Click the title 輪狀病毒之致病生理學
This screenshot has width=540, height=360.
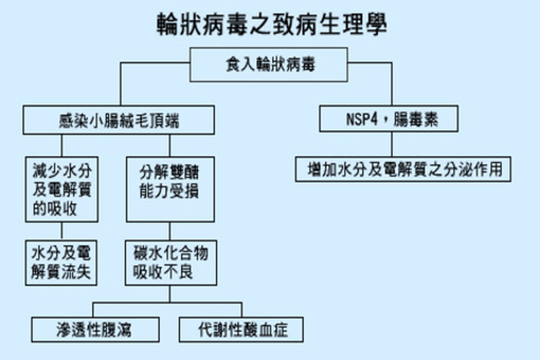[x=271, y=26]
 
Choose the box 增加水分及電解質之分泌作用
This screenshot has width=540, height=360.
[x=403, y=168]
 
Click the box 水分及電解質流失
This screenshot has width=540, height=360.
[x=62, y=262]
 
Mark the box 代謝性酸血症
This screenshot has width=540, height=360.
[x=241, y=330]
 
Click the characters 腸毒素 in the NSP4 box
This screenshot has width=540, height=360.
[x=416, y=120]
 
